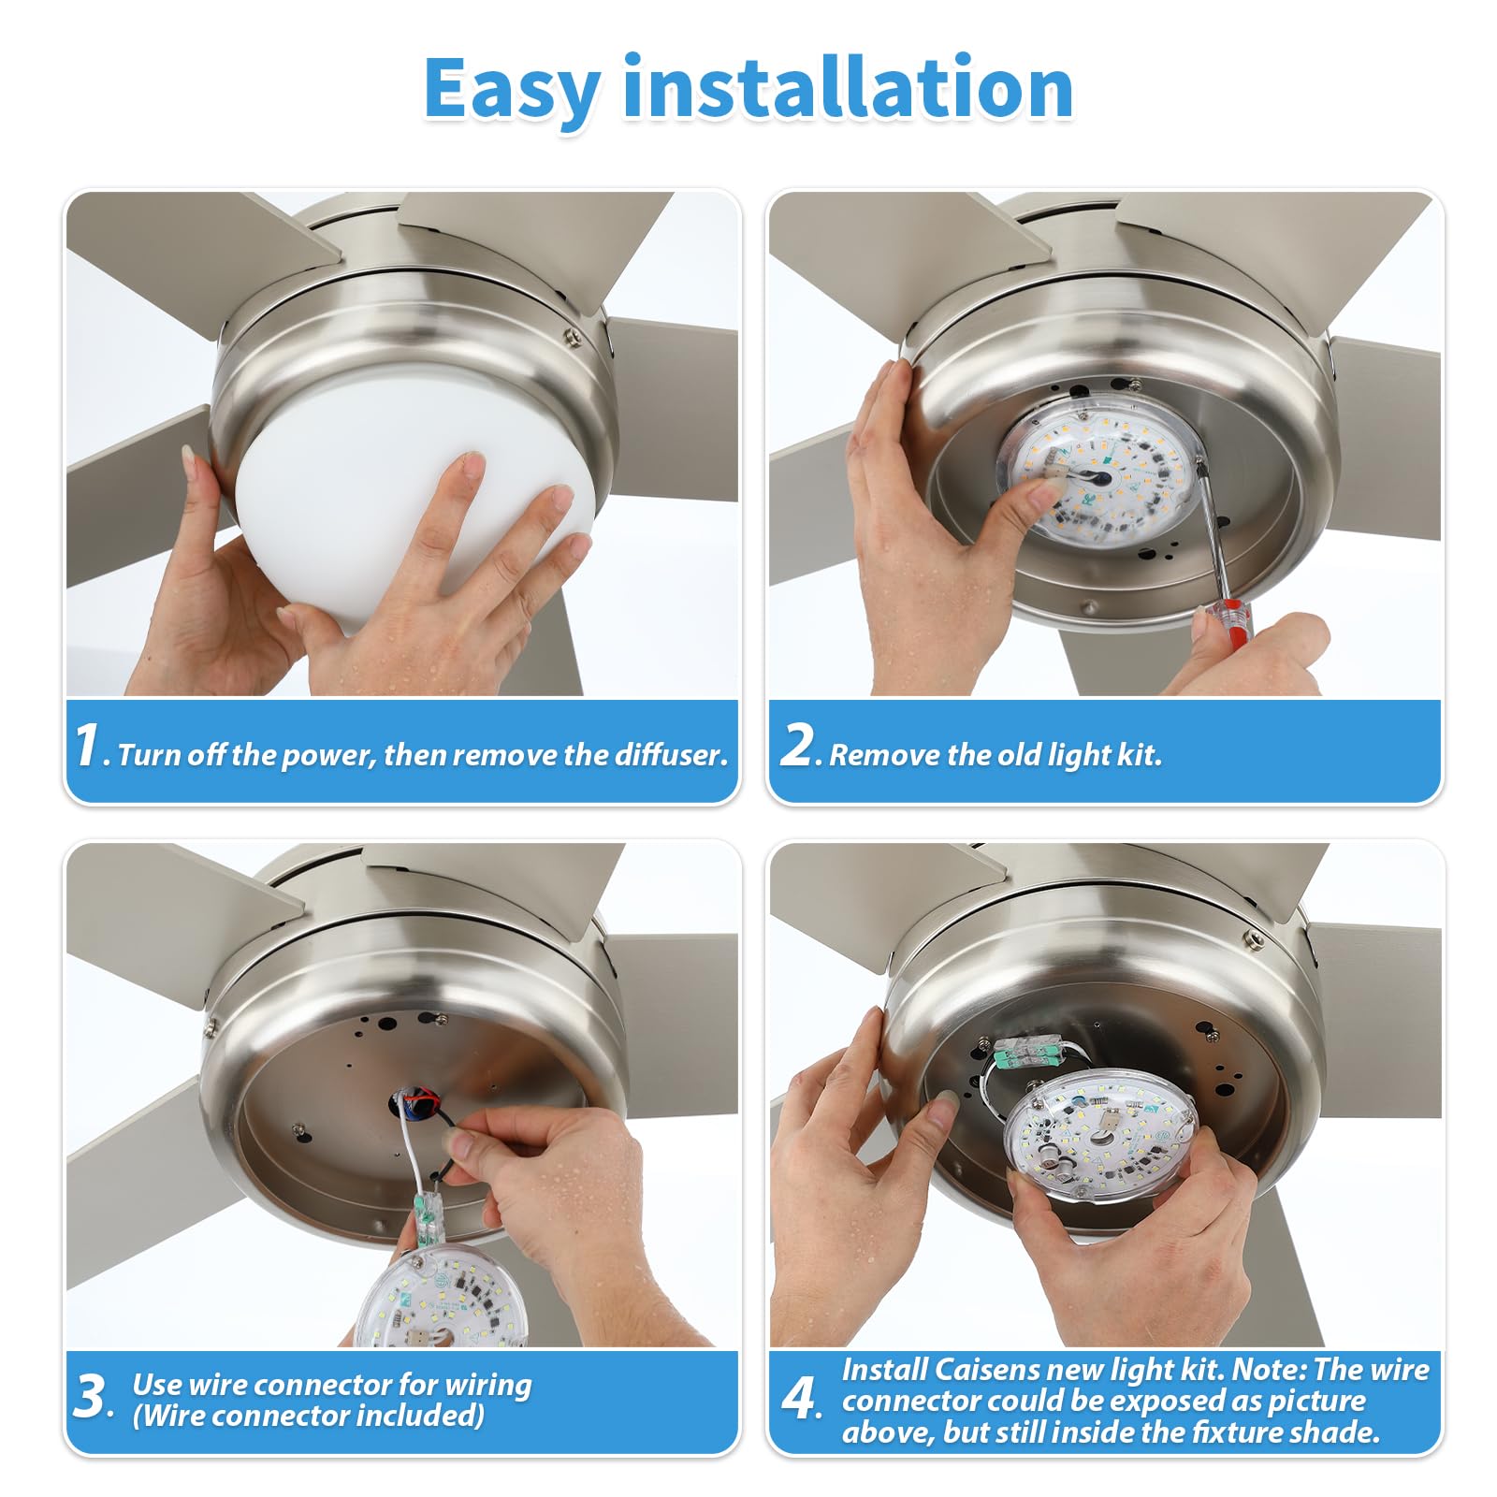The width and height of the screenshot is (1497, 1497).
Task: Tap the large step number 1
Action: pos(87,746)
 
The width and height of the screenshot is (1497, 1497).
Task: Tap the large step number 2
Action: pos(798,746)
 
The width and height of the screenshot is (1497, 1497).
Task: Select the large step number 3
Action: pos(91,1398)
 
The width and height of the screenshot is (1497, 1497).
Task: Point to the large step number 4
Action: pos(800,1399)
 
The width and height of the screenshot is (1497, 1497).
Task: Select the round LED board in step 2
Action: pos(1099,472)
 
